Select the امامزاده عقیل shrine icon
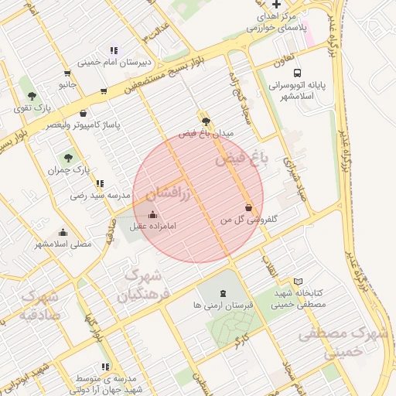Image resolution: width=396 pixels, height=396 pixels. pos(152,215)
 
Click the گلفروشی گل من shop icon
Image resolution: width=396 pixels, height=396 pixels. pos(247,207)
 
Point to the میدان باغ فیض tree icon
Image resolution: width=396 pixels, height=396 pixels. pos(205,121)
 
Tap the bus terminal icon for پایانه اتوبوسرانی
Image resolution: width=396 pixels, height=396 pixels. pos(298,67)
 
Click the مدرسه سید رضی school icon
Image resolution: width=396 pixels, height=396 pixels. pos(100,183)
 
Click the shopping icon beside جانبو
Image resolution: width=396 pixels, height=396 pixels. pos(103,90)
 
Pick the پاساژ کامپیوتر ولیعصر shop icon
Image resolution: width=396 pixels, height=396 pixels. pos(83,113)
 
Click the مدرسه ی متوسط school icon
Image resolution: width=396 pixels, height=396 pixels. pos(105,367)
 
